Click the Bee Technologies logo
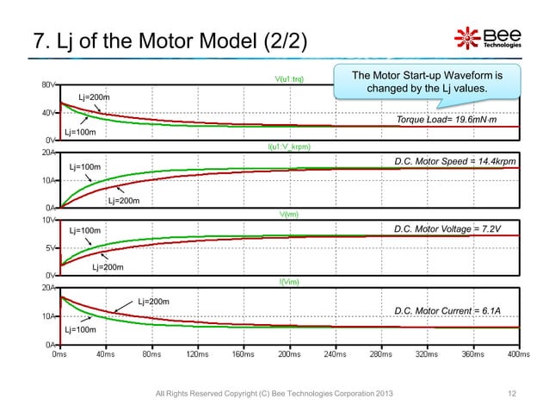[487, 39]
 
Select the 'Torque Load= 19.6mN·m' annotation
[447, 120]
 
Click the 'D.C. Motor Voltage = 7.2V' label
[447, 228]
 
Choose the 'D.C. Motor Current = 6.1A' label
[447, 310]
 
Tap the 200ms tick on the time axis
[289, 353]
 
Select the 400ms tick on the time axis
[518, 353]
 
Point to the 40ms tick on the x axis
[106, 353]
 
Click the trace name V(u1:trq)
[288, 80]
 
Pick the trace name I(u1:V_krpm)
[288, 147]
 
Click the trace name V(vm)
[288, 214]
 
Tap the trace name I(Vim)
[288, 281]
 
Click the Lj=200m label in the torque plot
[94, 97]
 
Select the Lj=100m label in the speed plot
[85, 165]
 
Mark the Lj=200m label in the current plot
[152, 302]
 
